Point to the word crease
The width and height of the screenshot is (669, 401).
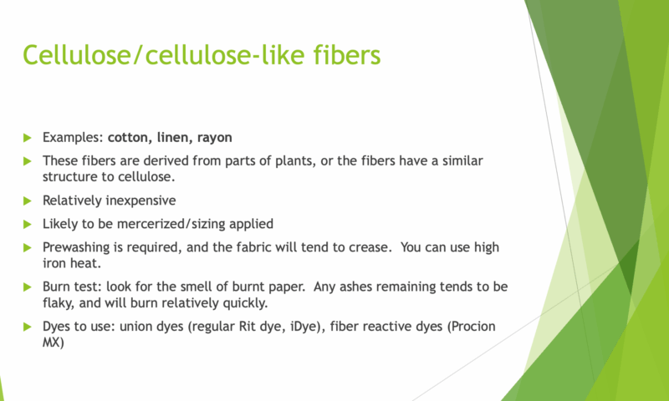pyautogui.click(x=368, y=248)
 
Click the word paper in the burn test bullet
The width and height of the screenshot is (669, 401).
pyautogui.click(x=288, y=287)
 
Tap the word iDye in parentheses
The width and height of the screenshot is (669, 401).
pyautogui.click(x=305, y=327)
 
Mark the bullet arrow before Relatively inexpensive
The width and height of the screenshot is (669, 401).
pyautogui.click(x=28, y=200)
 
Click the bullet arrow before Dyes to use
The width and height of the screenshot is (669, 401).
pyautogui.click(x=28, y=327)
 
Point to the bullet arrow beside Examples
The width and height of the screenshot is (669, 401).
pyautogui.click(x=28, y=138)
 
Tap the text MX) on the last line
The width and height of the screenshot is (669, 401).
pyautogui.click(x=54, y=343)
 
